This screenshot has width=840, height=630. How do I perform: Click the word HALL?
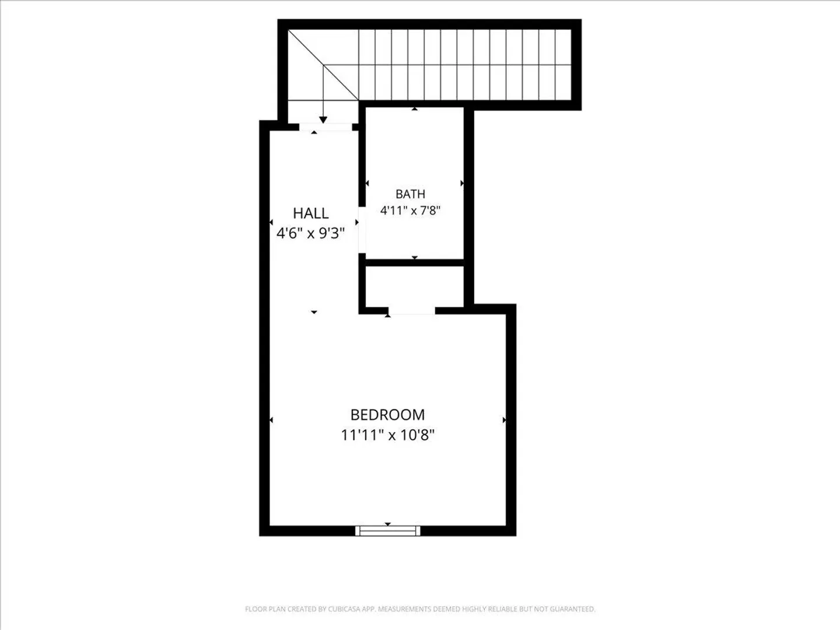310,213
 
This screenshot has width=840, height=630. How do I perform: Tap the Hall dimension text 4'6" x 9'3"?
310,233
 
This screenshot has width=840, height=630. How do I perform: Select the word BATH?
410,194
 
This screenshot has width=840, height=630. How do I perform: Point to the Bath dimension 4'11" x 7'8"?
410,210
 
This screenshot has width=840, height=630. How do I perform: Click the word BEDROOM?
387,415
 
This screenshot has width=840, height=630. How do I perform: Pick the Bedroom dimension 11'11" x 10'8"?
387,435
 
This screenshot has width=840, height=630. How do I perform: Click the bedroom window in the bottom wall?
388,531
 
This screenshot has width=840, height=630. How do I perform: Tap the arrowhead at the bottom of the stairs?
323,120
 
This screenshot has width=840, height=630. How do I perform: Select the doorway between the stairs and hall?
325,127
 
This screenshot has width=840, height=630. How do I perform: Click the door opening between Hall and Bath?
362,230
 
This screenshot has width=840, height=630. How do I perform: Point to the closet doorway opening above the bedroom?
412,310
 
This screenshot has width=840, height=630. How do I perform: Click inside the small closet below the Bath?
414,286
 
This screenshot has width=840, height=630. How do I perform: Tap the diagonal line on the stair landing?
323,65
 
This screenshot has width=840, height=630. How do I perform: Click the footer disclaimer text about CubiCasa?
420,608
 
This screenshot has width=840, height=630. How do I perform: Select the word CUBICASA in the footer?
344,608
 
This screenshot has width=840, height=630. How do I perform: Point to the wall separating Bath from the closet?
415,262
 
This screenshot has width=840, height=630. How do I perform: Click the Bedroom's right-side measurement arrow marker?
505,420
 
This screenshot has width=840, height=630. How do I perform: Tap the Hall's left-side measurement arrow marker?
271,222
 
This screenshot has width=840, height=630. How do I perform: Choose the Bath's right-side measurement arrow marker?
462,183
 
